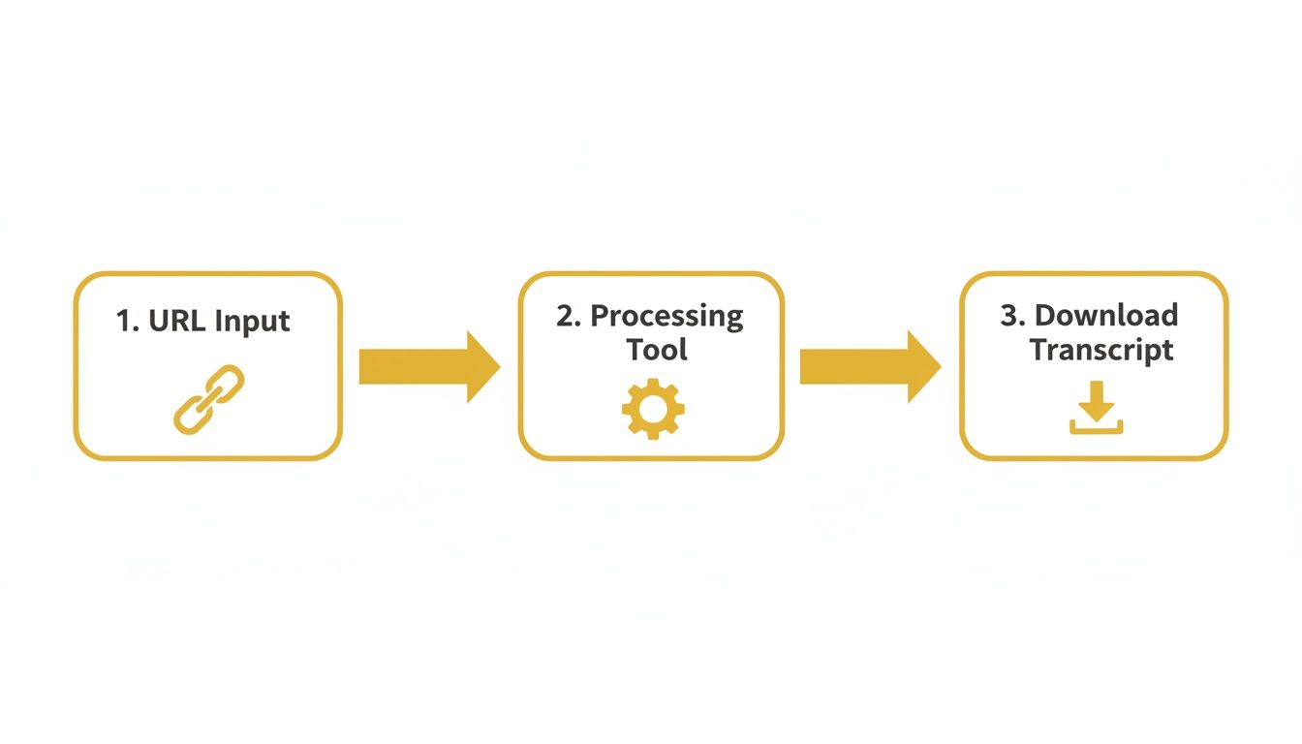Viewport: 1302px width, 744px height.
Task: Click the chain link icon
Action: click(x=208, y=398)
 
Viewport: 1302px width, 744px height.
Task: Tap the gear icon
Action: click(x=652, y=408)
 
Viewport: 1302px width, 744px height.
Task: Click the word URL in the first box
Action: click(x=175, y=321)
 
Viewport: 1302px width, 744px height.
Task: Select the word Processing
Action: click(x=666, y=318)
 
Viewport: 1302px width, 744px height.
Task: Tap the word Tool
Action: click(x=657, y=350)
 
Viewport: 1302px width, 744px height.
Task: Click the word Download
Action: click(x=1106, y=316)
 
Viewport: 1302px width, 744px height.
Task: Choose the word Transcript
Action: click(x=1101, y=350)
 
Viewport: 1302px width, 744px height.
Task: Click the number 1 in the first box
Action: click(x=123, y=321)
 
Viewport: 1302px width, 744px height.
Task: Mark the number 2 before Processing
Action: click(x=566, y=317)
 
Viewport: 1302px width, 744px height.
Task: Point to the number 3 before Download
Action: click(x=1009, y=316)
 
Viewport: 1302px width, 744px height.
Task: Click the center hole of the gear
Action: click(x=652, y=408)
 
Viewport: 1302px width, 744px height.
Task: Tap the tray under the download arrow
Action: click(x=1096, y=427)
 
